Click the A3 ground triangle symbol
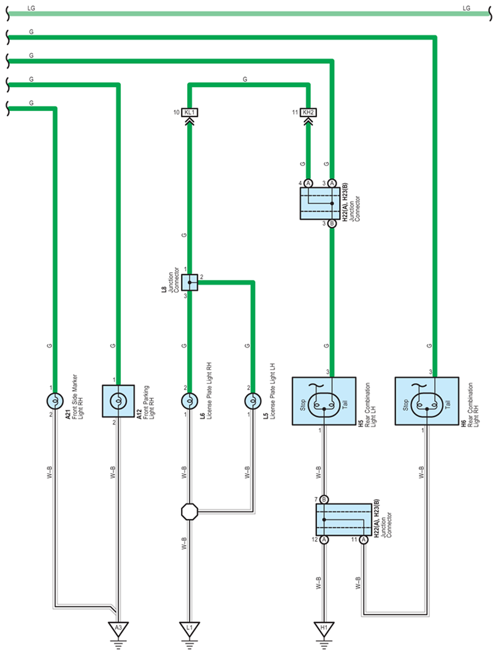(x=118, y=628)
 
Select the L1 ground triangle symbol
(x=190, y=628)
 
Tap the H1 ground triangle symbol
(x=324, y=628)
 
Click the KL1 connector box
(x=190, y=112)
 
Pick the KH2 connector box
(x=308, y=112)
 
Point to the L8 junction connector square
(x=190, y=282)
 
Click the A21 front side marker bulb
(x=55, y=401)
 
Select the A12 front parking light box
(x=118, y=401)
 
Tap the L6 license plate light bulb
(x=190, y=401)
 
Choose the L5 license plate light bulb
(x=252, y=401)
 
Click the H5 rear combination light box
(x=324, y=401)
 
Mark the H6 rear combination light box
(x=427, y=401)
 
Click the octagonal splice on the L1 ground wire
(x=190, y=511)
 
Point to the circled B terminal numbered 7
(x=324, y=500)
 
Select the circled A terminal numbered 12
(x=324, y=540)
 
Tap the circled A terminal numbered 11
(x=364, y=540)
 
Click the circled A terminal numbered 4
(x=308, y=183)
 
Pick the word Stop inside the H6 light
(x=405, y=405)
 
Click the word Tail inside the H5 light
(x=345, y=404)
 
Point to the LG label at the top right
(x=466, y=8)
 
